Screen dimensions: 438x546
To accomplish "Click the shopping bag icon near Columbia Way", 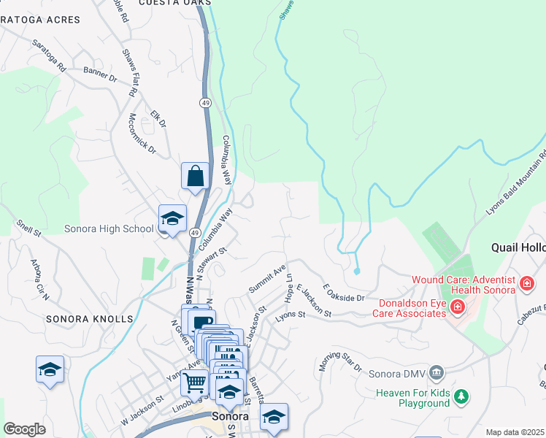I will (195, 175).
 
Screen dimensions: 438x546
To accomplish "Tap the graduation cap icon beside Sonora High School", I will (172, 218).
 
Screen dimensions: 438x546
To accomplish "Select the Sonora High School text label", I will (109, 228).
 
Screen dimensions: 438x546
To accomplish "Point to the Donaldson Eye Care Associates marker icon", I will (458, 306).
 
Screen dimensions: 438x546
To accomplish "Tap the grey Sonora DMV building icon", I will (437, 372).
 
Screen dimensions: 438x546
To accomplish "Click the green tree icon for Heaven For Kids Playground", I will (461, 396).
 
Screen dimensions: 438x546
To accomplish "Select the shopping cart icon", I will (195, 381).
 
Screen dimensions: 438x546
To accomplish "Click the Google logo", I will (25, 429).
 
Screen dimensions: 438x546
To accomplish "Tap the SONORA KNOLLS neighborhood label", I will (90, 319).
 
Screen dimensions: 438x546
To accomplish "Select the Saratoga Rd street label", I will (50, 55).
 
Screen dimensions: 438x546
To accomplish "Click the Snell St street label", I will (29, 228).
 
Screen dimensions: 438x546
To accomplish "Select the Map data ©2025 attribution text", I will (515, 432).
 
